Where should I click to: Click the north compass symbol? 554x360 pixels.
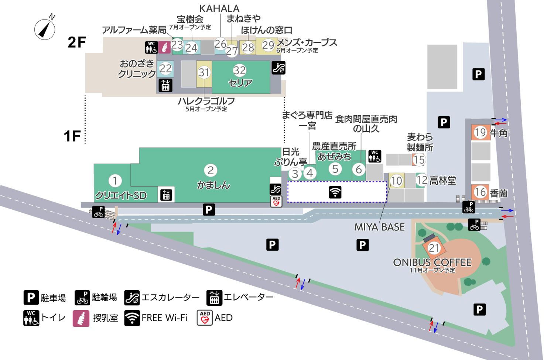point(45,29)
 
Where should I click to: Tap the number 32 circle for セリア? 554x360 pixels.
point(239,70)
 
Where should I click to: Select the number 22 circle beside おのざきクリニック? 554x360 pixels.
point(165,68)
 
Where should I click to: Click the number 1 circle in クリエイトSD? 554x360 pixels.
point(115,181)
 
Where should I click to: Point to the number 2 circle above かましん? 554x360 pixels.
point(211,170)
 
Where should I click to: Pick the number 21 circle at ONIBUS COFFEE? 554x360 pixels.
point(434,248)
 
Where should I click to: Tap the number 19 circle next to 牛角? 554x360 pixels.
point(480,132)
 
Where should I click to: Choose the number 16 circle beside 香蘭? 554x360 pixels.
point(480,192)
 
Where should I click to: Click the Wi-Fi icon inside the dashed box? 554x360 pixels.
point(335,192)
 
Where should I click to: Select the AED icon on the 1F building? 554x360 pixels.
point(276,201)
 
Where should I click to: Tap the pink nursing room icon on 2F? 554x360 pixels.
point(165,48)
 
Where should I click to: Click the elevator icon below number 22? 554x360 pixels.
point(165,85)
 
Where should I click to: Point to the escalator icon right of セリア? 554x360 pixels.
point(278,68)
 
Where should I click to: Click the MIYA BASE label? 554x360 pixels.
point(379,227)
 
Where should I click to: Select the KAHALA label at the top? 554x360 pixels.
point(219,8)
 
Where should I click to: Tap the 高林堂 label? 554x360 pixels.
point(442,181)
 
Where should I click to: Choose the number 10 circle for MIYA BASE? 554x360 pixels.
point(396,181)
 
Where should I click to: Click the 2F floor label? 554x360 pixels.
point(77,42)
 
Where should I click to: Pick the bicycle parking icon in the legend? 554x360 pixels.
point(82,298)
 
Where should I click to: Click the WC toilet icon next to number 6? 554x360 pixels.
point(375,156)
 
